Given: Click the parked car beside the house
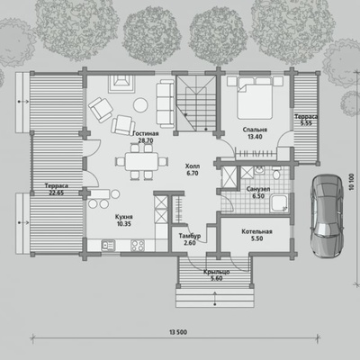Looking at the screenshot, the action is click(x=327, y=216).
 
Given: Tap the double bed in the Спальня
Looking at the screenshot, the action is click(x=255, y=97).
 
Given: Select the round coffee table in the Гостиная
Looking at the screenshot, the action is click(x=140, y=105).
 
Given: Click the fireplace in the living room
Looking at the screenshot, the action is click(x=121, y=84).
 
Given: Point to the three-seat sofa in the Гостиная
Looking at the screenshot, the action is click(x=166, y=103).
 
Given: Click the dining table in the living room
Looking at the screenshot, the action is click(x=141, y=161).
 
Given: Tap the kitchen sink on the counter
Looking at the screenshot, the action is click(x=108, y=245).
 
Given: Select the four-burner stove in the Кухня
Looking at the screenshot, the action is click(x=138, y=246).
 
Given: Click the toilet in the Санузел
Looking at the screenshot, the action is click(x=276, y=174).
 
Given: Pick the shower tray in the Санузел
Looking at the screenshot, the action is click(x=279, y=203).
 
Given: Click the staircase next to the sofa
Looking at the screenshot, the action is click(x=196, y=103).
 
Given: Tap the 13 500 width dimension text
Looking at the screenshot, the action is click(x=178, y=332).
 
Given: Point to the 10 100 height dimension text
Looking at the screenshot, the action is click(x=352, y=182).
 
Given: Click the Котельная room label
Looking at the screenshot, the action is click(x=256, y=231).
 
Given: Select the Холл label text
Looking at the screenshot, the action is click(x=193, y=166).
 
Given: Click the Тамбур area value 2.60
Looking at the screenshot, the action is click(x=190, y=243).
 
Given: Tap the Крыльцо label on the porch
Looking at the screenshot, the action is click(x=216, y=272).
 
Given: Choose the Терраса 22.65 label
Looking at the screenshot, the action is click(x=57, y=189).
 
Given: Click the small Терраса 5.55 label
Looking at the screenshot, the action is click(x=306, y=120).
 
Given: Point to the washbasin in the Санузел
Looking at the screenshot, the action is click(x=258, y=170).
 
